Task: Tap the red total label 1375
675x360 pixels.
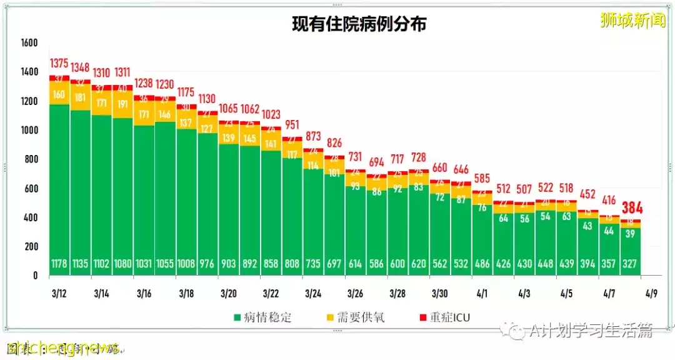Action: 60,64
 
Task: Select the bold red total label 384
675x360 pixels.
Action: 632,208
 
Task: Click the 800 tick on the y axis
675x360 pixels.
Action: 30,159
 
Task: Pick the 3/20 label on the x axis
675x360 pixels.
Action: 229,294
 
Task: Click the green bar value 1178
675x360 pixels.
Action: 60,264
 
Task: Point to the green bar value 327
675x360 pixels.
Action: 630,264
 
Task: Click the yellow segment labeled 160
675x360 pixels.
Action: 60,95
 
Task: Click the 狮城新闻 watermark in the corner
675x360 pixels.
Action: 632,21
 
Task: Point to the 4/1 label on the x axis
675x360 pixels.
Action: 482,294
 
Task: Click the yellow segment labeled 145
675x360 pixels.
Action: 250,137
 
